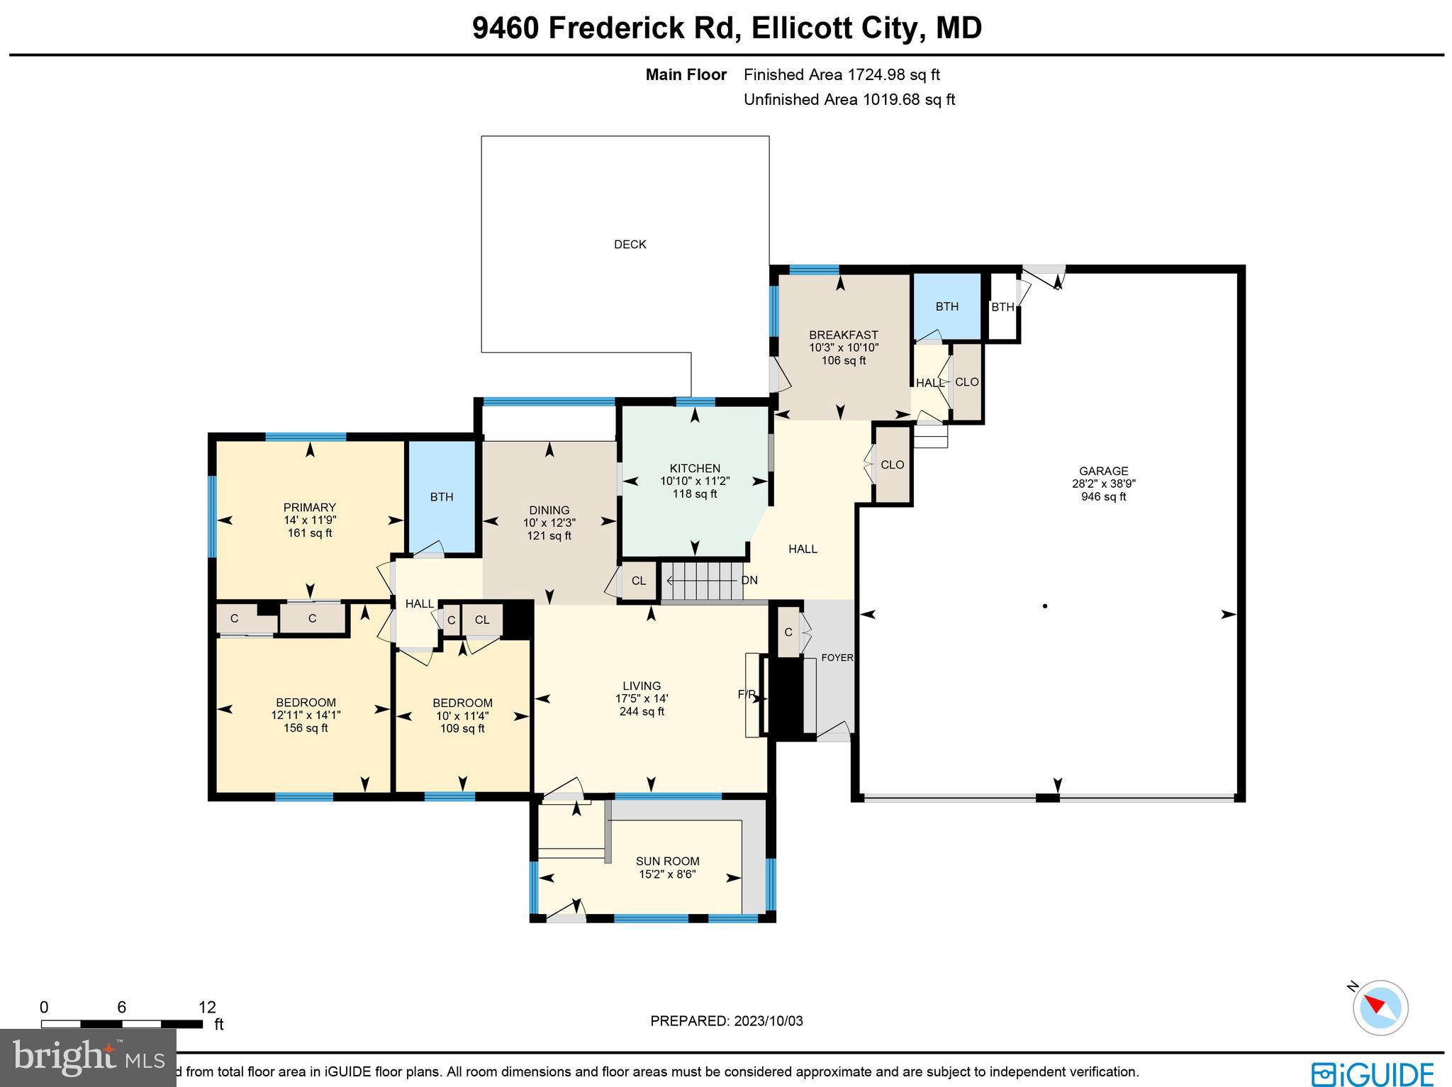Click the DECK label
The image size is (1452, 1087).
(x=630, y=245)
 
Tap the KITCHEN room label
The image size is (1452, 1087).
(x=695, y=468)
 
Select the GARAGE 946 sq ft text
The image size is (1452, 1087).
(x=1103, y=497)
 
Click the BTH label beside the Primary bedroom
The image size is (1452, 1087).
(x=442, y=497)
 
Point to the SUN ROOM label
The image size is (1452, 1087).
(x=667, y=862)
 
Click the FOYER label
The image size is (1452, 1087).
(x=837, y=658)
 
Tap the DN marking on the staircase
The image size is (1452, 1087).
(x=749, y=580)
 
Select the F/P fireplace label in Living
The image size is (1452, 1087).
(x=747, y=694)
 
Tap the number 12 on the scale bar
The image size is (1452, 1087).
(x=206, y=1008)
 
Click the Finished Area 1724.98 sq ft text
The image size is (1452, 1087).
(x=842, y=74)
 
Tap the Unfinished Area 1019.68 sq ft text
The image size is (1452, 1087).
(x=849, y=99)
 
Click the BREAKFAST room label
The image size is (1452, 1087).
(x=843, y=335)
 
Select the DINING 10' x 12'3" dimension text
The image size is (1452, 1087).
(x=549, y=523)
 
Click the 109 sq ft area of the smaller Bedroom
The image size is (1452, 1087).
(x=462, y=728)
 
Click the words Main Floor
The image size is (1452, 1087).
(x=686, y=74)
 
